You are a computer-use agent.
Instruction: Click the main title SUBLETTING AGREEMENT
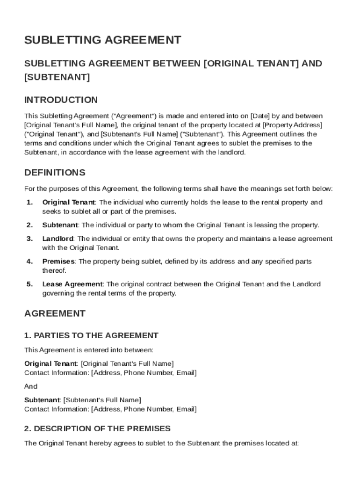(102, 40)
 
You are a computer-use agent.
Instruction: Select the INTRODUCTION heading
(61, 100)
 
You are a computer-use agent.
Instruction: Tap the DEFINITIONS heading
(55, 173)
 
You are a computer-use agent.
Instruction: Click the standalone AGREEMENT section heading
(55, 313)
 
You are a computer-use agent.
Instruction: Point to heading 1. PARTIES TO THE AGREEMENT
(91, 335)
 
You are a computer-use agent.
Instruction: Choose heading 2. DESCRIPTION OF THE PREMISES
(97, 428)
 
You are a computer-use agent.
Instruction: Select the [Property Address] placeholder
(293, 125)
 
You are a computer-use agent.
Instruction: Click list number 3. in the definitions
(30, 239)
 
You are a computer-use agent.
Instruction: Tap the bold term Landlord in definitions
(58, 239)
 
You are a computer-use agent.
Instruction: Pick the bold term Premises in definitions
(58, 261)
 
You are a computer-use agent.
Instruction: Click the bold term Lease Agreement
(72, 284)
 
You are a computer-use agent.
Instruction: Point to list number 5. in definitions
(30, 284)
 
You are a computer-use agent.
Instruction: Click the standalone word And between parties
(31, 386)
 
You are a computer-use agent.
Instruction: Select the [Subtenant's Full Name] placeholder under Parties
(102, 400)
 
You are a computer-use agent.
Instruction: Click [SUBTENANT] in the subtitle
(57, 76)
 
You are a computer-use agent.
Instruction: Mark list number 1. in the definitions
(30, 203)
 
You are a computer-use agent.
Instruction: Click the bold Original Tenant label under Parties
(50, 363)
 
